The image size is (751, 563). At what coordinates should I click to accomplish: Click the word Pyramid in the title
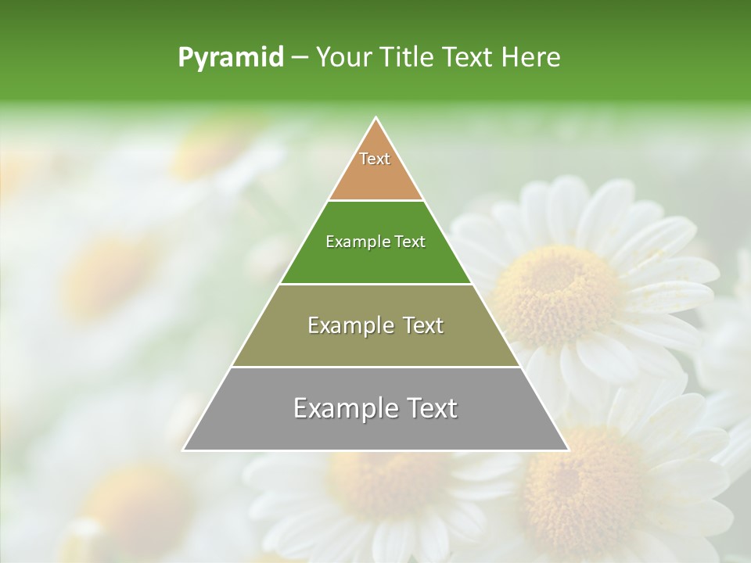tap(231, 58)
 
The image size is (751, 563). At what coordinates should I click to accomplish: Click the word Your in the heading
tap(343, 58)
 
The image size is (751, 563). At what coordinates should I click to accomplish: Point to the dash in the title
tap(300, 58)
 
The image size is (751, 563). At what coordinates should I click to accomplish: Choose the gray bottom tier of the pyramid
tap(375, 430)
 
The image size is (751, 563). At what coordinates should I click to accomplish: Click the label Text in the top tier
tap(375, 159)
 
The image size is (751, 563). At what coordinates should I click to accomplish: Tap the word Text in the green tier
tap(411, 242)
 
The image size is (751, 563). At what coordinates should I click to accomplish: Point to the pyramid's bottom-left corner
tap(184, 450)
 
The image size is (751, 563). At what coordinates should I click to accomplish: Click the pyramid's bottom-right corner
tap(569, 450)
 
